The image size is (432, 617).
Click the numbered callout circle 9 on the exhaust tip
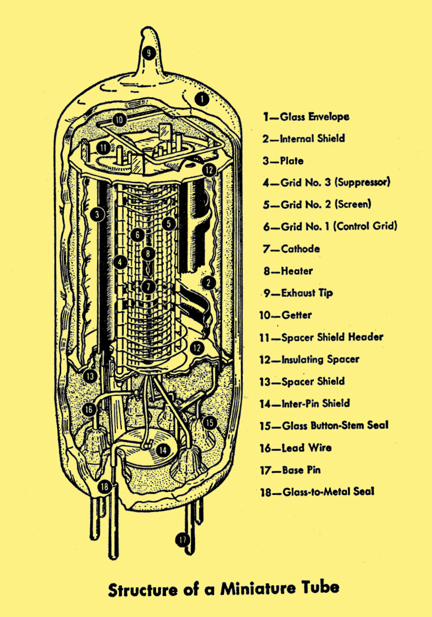149,53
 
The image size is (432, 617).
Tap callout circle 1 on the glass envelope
202,99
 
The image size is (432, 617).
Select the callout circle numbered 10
119,120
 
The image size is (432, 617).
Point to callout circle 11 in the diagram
103,148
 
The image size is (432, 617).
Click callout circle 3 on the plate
97,215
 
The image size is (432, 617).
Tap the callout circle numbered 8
148,253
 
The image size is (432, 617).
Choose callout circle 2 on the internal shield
208,282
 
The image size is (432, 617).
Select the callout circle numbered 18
105,487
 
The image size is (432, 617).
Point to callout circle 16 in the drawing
89,410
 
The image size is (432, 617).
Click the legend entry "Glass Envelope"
314,117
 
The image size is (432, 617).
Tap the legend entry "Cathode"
300,249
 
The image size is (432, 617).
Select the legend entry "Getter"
297,315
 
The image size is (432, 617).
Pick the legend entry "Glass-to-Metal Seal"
328,492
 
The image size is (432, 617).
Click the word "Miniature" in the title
258,589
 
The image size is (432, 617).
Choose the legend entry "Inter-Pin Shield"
316,403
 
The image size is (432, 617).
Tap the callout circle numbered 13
90,376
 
